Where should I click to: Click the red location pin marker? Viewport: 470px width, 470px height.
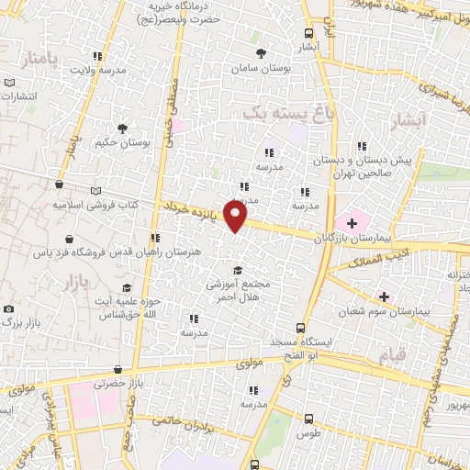[236, 215]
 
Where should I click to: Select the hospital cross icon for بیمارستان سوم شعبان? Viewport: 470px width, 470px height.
[384, 297]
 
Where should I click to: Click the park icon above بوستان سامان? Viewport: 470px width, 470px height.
[262, 53]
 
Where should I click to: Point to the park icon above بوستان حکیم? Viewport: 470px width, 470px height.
[121, 129]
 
